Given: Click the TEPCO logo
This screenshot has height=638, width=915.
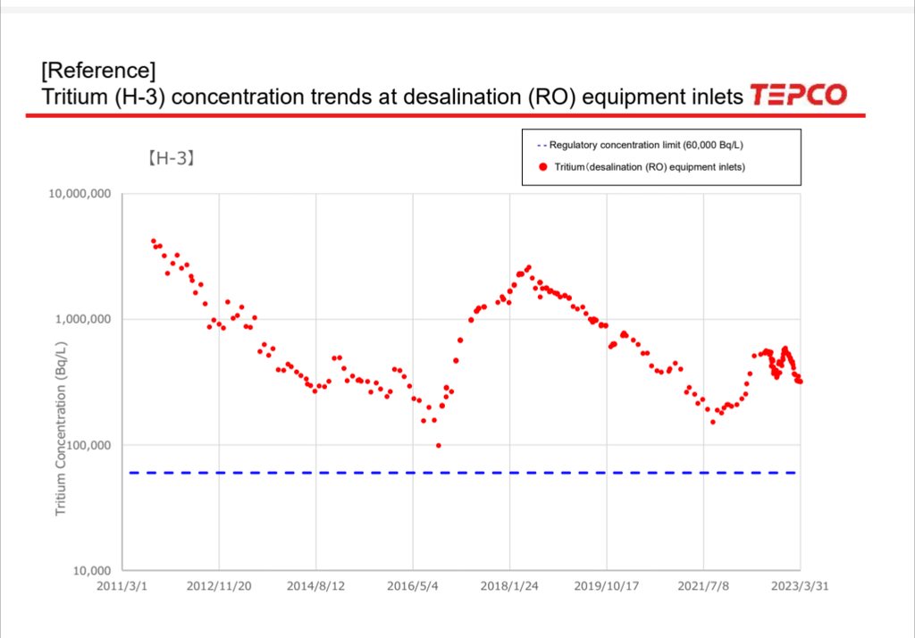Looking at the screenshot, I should tap(798, 95).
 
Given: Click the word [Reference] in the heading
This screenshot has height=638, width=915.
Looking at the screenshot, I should tap(99, 70).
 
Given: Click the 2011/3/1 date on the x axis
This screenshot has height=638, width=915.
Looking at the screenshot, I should tap(122, 586).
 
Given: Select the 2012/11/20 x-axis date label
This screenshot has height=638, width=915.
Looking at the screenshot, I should tap(219, 586).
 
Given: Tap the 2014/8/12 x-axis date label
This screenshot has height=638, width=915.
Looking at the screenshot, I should tap(315, 586).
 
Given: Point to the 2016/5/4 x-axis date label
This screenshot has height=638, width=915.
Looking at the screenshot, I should tap(413, 586).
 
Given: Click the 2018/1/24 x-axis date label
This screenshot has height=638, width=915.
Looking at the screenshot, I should tap(509, 586).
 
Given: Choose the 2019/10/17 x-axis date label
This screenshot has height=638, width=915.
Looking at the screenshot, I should tap(606, 586).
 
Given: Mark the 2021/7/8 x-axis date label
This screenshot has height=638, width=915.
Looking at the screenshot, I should tap(703, 586).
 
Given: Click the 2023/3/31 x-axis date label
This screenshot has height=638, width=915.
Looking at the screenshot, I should tap(800, 586).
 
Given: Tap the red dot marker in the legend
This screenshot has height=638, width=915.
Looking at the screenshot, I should tap(541, 166).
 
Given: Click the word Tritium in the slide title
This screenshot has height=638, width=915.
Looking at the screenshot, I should tap(73, 96).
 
